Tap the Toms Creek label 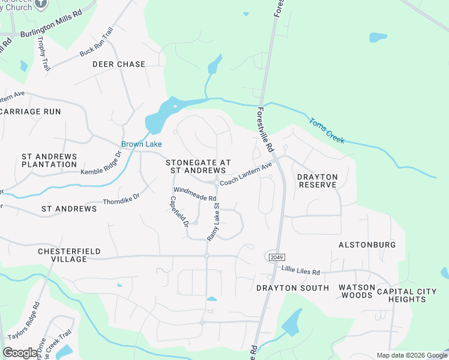pos(327,130)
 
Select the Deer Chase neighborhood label pos(119,64)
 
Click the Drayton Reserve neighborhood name pos(318,181)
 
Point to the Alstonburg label pos(367,245)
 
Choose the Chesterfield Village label pos(69,255)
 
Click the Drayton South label pos(292,288)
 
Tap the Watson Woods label pos(357,292)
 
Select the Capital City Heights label pos(406,295)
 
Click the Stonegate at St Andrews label pos(198,166)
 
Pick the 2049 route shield pos(273,257)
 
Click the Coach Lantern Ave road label pos(246,174)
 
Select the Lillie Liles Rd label pos(301,271)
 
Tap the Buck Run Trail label pos(97,42)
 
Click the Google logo pos(20,353)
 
